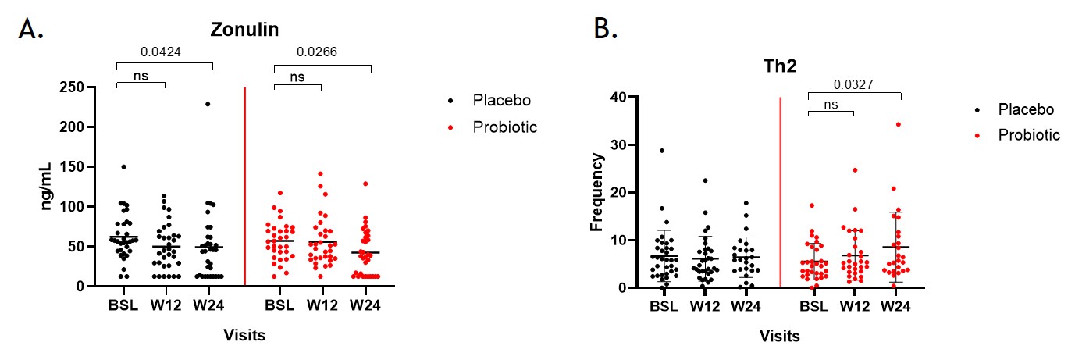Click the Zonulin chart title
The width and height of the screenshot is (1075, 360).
[244, 30]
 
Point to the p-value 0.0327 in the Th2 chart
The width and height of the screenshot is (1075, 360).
[854, 86]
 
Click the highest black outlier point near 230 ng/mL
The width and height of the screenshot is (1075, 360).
[208, 104]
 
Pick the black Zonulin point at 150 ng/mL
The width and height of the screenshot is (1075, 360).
[123, 167]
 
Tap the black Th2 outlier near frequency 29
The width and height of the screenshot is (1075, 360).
[662, 150]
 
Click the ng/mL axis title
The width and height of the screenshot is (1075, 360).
[46, 187]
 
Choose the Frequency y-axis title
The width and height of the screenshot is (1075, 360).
[596, 192]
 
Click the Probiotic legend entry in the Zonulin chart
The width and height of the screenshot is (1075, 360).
[505, 127]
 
